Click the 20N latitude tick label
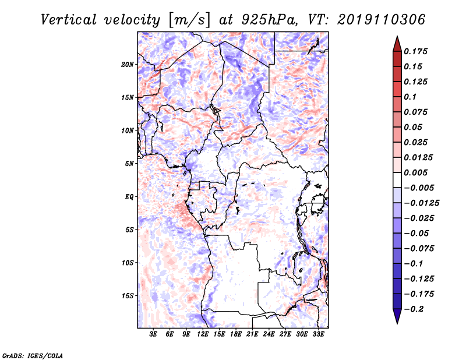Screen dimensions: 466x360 pyautogui.click(x=128, y=65)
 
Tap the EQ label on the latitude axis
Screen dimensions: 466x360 pyautogui.click(x=129, y=197)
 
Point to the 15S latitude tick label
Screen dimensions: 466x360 pyautogui.click(x=128, y=296)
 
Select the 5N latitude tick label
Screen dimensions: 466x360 pyautogui.click(x=129, y=164)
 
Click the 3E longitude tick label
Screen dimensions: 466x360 pyautogui.click(x=153, y=334)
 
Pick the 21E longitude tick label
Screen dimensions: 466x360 pyautogui.click(x=252, y=334)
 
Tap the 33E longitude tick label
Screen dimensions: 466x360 pyautogui.click(x=318, y=334)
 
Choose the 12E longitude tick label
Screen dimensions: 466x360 pyautogui.click(x=203, y=334)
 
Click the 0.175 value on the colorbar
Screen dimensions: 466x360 pyautogui.click(x=415, y=51)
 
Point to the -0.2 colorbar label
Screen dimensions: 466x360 pyautogui.click(x=414, y=309)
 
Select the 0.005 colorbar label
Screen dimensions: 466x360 pyautogui.click(x=415, y=172)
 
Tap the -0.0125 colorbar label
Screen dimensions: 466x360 pyautogui.click(x=421, y=203)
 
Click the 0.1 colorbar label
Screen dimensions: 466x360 pyautogui.click(x=410, y=97)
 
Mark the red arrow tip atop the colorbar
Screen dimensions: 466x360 pyautogui.click(x=397, y=37)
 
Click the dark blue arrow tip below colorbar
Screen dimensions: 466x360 pyautogui.click(x=397, y=323)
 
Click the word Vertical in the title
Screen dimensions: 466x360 pyautogui.click(x=69, y=20)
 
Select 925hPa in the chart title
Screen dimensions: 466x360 pyautogui.click(x=270, y=20)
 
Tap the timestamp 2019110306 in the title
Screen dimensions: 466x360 pyautogui.click(x=382, y=20)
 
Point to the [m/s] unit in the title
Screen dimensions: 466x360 pyautogui.click(x=189, y=20)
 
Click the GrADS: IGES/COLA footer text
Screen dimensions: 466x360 pyautogui.click(x=33, y=355)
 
